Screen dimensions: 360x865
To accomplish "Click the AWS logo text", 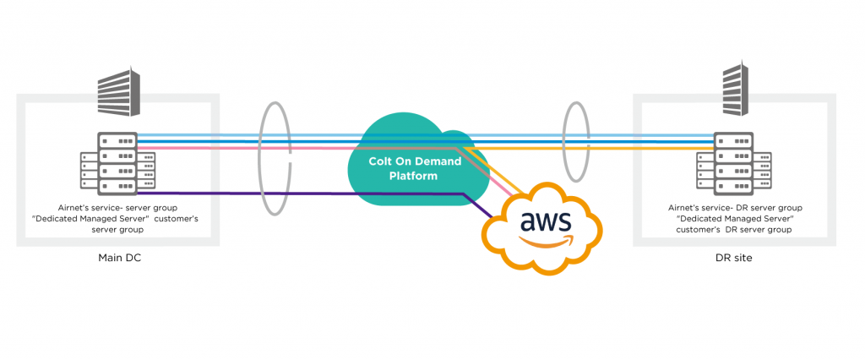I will click(546, 222).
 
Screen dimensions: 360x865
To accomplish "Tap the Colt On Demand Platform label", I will click(415, 168).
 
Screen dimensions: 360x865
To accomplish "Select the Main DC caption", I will click(118, 258).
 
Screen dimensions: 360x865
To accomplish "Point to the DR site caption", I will click(733, 258).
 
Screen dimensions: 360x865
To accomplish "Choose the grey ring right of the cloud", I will click(576, 141).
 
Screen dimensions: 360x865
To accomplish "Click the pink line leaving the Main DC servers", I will click(211, 149).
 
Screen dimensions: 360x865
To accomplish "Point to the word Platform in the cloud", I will click(414, 176).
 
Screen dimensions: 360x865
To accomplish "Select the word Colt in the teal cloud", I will click(381, 161).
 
